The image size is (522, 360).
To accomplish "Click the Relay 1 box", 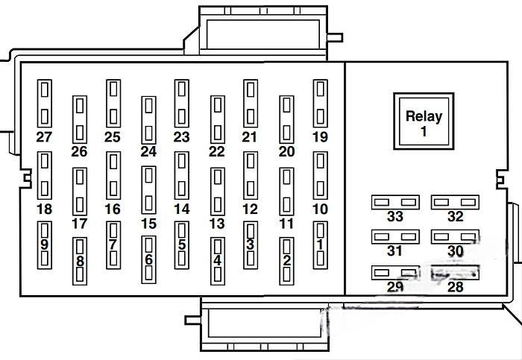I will (x=424, y=121).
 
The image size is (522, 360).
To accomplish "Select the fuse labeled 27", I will (x=44, y=104).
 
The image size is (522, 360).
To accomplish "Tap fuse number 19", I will (x=320, y=104).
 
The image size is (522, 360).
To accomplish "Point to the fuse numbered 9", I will (x=44, y=244).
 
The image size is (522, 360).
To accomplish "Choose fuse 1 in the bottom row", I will (x=320, y=244).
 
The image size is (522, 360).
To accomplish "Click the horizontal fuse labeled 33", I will (x=395, y=202).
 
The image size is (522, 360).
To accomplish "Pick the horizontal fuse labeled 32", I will (x=455, y=202).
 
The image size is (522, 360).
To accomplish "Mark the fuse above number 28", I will (x=455, y=273).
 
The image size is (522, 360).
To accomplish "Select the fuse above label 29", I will (x=395, y=273).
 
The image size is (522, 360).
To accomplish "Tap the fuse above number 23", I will (x=181, y=104).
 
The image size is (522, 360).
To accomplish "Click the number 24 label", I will (x=148, y=151).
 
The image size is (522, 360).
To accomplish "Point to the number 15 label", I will (x=148, y=223).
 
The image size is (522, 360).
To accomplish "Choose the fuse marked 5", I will (x=181, y=244).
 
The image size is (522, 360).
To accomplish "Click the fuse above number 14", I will (x=181, y=175).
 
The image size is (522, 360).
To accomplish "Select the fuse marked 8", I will (x=79, y=260).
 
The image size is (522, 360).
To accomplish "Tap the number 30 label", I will (x=455, y=252).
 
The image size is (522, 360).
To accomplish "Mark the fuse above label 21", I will (x=251, y=104).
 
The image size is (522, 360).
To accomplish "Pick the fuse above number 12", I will (x=251, y=175).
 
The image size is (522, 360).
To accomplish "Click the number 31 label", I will (x=395, y=252).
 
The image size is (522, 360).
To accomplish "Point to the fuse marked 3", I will (x=251, y=244).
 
